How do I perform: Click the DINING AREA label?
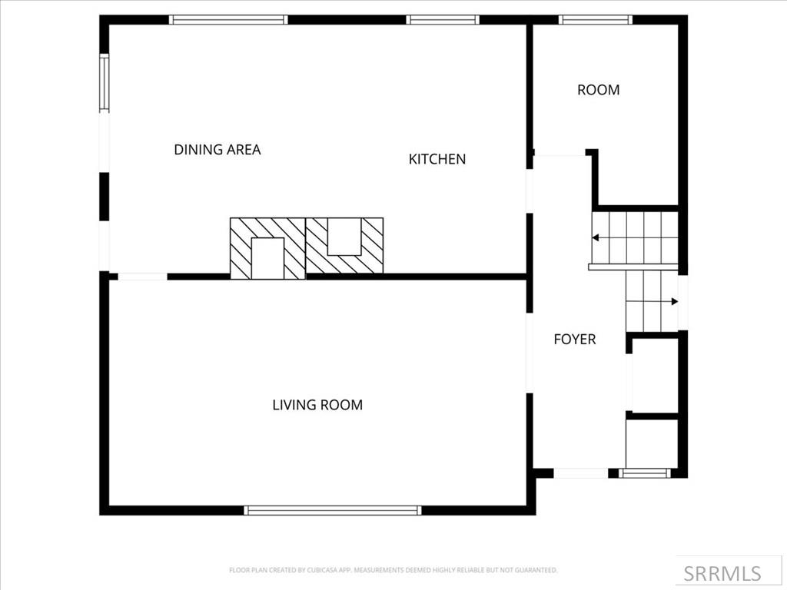pos(217,150)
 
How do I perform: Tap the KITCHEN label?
pos(437,159)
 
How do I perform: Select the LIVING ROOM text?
pos(317,405)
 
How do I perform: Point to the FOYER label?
pos(574,339)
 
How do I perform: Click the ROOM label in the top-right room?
pos(598,90)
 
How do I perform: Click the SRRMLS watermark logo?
pos(722,573)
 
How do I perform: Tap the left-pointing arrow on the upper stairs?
pos(596,238)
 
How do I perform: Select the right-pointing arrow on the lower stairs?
pos(674,301)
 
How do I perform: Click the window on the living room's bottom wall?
pos(332,510)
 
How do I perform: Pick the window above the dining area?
pos(228,20)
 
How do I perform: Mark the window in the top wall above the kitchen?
pos(443,20)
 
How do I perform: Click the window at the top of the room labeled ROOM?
pos(596,20)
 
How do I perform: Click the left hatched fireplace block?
pos(267,248)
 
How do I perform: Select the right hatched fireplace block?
pos(344,245)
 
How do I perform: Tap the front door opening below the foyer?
pos(580,473)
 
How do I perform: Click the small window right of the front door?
pos(645,473)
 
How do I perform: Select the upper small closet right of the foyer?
pos(653,375)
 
